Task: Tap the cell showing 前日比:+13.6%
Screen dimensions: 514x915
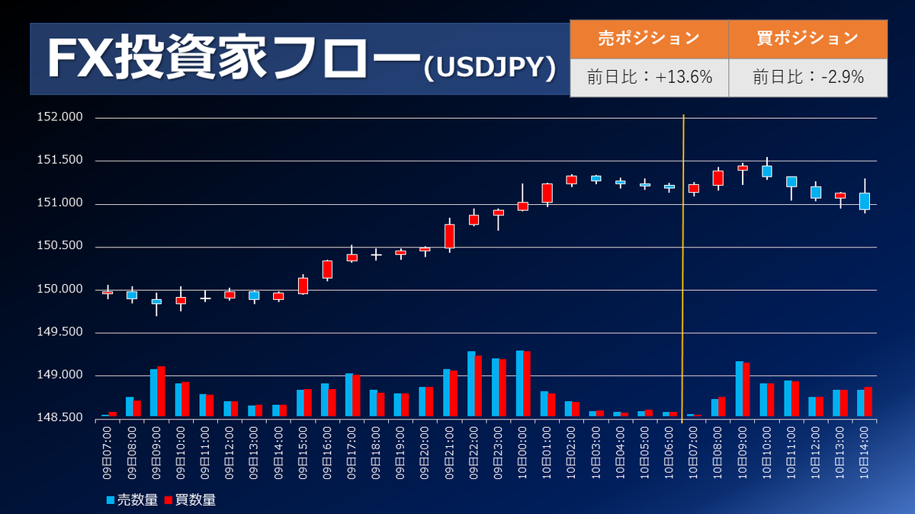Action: (x=649, y=77)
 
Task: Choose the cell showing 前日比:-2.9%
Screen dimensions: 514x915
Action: (x=807, y=77)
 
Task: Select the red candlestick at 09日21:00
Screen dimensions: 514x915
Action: (x=449, y=235)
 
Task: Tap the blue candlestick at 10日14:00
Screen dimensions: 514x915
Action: (x=864, y=201)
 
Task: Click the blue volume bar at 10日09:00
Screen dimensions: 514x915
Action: (x=739, y=388)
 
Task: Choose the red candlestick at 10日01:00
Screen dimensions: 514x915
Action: (x=547, y=193)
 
